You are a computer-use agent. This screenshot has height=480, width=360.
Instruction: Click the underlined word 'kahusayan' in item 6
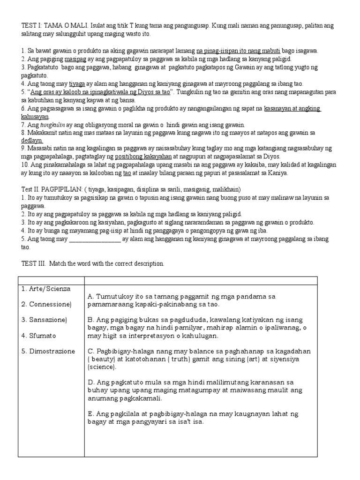(35, 116)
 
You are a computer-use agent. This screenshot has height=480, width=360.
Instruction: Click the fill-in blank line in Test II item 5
(95, 239)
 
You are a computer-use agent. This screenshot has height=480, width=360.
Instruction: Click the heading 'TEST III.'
(33, 263)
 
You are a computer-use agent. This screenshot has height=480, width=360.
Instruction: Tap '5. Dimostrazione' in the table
(48, 351)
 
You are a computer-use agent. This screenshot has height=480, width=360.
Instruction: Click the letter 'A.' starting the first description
(91, 297)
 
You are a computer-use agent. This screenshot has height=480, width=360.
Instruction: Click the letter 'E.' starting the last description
(91, 413)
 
